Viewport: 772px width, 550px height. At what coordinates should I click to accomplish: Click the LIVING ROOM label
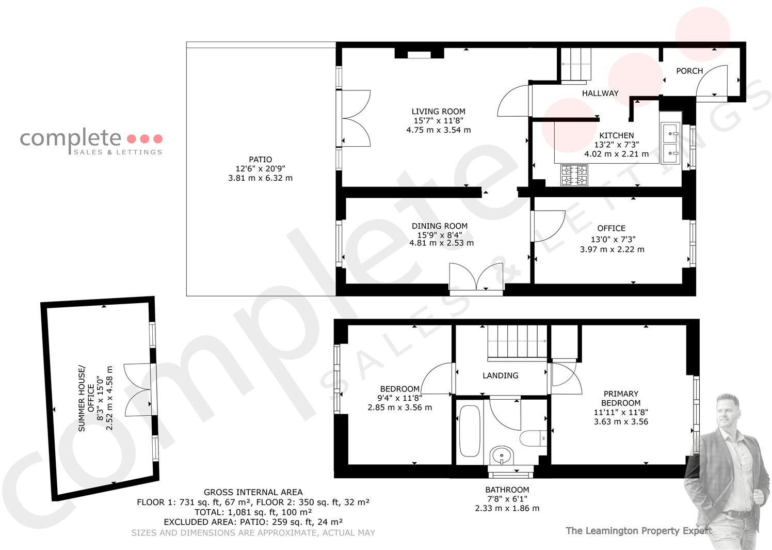click(438, 112)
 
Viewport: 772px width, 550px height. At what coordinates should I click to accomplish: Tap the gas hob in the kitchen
click(574, 175)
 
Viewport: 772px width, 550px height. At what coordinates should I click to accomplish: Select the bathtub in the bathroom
click(469, 431)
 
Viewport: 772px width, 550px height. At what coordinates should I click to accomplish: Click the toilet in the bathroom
click(532, 438)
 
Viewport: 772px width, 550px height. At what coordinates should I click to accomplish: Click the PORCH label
click(689, 71)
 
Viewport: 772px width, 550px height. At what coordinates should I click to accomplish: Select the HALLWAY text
click(600, 93)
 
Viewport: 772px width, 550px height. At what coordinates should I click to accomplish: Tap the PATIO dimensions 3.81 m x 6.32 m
click(260, 178)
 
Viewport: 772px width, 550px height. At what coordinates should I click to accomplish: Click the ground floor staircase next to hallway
click(575, 65)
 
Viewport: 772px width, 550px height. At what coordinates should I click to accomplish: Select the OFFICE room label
click(611, 228)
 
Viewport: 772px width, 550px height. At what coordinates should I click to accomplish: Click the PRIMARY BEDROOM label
click(621, 398)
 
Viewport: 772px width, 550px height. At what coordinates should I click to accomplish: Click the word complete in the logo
click(70, 138)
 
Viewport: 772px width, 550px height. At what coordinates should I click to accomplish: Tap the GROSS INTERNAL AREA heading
click(253, 492)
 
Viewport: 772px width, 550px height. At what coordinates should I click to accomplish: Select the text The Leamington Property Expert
click(638, 530)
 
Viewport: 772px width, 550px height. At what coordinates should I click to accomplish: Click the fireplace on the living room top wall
click(419, 54)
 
